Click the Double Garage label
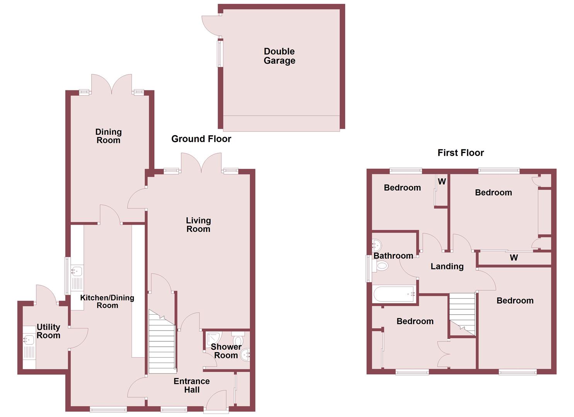coord(279,56)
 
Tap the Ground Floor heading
coord(201,139)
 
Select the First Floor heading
coord(460,153)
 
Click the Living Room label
coord(198,225)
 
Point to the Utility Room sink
coord(29,340)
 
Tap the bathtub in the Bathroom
coord(394,295)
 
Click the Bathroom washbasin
coord(376,245)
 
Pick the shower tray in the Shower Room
coord(213,338)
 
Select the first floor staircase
coord(462,313)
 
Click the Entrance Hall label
coord(192,385)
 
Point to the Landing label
coord(447,266)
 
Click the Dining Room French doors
coord(112,84)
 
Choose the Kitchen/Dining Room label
coord(107,302)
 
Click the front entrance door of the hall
coord(216,402)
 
